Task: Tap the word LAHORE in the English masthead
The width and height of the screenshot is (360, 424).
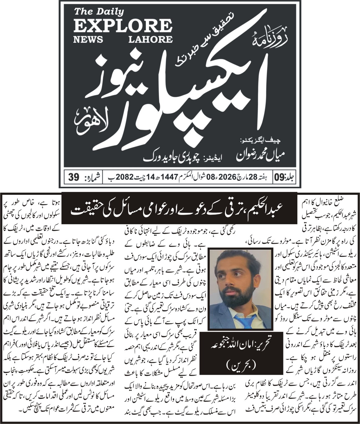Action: [149, 39]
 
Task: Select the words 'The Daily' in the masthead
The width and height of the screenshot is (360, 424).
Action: [99, 12]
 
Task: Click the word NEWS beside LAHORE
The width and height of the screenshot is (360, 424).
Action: [88, 39]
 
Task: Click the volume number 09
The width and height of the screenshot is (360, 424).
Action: [278, 178]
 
